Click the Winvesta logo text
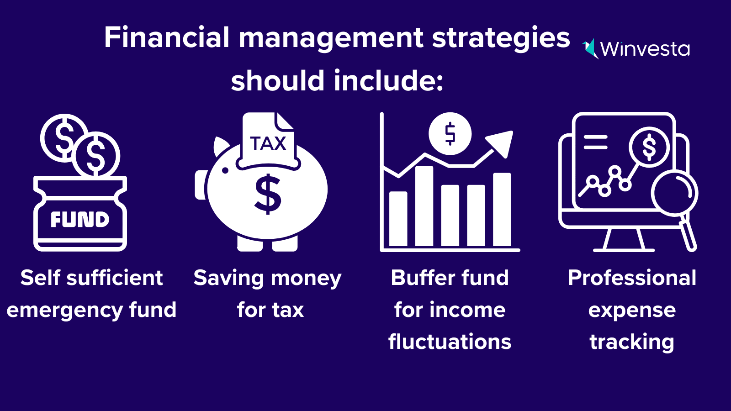[x=644, y=49]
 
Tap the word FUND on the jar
[x=80, y=220]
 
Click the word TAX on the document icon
[x=268, y=143]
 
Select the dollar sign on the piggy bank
[x=268, y=194]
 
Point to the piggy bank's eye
[x=225, y=170]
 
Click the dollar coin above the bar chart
[x=450, y=134]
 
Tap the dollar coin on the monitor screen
[x=649, y=148]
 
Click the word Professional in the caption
[x=632, y=278]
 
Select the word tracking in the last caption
[x=632, y=342]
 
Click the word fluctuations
[x=450, y=342]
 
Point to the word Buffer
[x=423, y=278]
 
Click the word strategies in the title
[x=501, y=37]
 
